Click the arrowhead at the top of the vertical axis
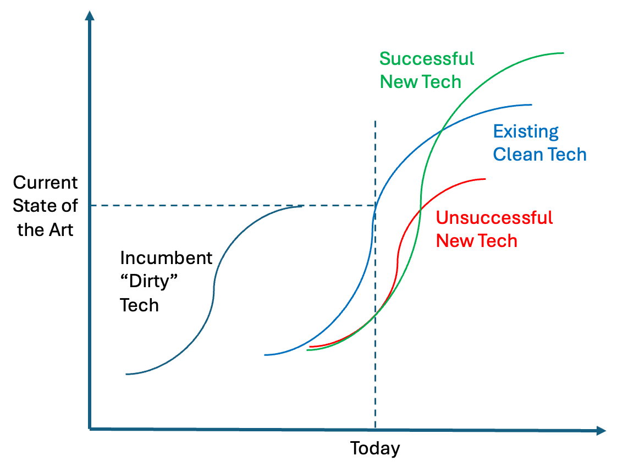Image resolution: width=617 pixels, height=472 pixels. [x=90, y=15]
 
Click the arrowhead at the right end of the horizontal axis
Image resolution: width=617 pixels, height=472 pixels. [x=601, y=431]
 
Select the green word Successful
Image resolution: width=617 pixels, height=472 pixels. [x=427, y=58]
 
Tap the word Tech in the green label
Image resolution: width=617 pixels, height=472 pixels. [x=443, y=81]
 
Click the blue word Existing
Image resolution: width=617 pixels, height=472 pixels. [x=526, y=131]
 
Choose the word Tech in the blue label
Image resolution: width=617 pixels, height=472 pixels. [x=566, y=155]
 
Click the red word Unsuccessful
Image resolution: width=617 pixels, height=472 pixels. [x=494, y=218]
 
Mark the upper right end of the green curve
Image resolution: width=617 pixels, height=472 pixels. [x=563, y=53]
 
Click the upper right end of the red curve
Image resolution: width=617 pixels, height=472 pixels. [x=486, y=179]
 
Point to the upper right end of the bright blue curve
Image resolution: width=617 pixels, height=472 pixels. [x=531, y=105]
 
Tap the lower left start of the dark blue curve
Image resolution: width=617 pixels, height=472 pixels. [x=126, y=374]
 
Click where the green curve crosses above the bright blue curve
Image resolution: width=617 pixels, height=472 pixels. [x=441, y=131]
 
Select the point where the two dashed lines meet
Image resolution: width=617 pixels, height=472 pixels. [x=375, y=205]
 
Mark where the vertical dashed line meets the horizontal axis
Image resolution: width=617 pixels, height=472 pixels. [x=375, y=429]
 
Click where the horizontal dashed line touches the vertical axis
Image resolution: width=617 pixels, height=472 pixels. [x=90, y=205]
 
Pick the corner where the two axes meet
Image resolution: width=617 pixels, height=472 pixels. [x=90, y=429]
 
